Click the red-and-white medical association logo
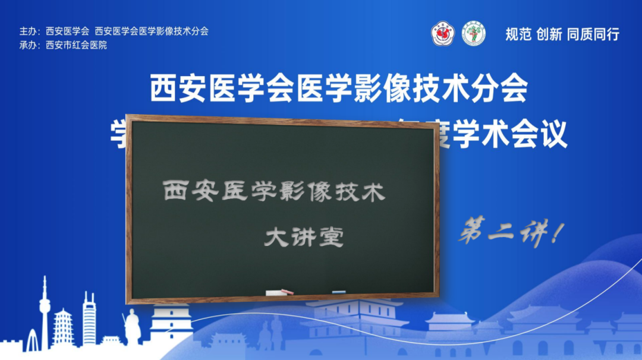coord(442,33)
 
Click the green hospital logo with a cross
coord(474,33)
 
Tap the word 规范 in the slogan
coord(518,34)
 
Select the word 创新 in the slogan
coord(549,34)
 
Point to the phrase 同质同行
coord(593,34)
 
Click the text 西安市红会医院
coord(76,45)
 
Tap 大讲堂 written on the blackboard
coord(304,238)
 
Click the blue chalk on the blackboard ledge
coord(339,292)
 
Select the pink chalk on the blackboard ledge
coord(288,292)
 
